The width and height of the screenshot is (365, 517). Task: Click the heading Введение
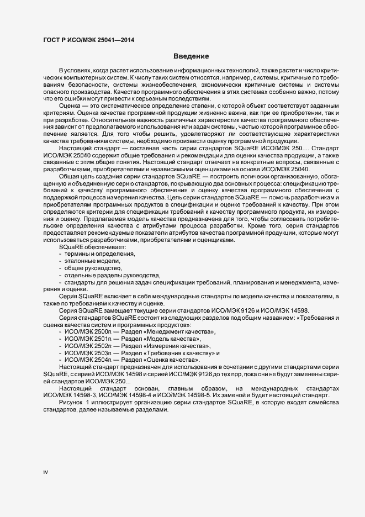click(x=190, y=56)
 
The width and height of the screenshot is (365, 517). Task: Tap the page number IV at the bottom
click(x=46, y=472)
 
